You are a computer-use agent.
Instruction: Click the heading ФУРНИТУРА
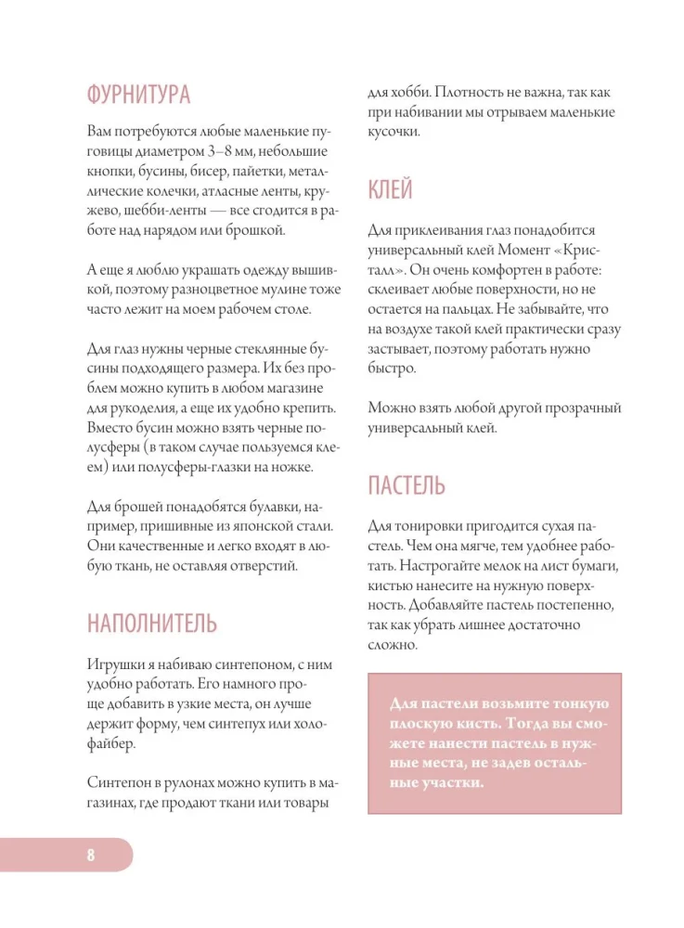138,95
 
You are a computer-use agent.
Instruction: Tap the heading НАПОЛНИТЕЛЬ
152,623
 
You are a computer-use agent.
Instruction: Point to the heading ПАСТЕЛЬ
406,484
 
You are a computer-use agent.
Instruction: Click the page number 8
91,855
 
